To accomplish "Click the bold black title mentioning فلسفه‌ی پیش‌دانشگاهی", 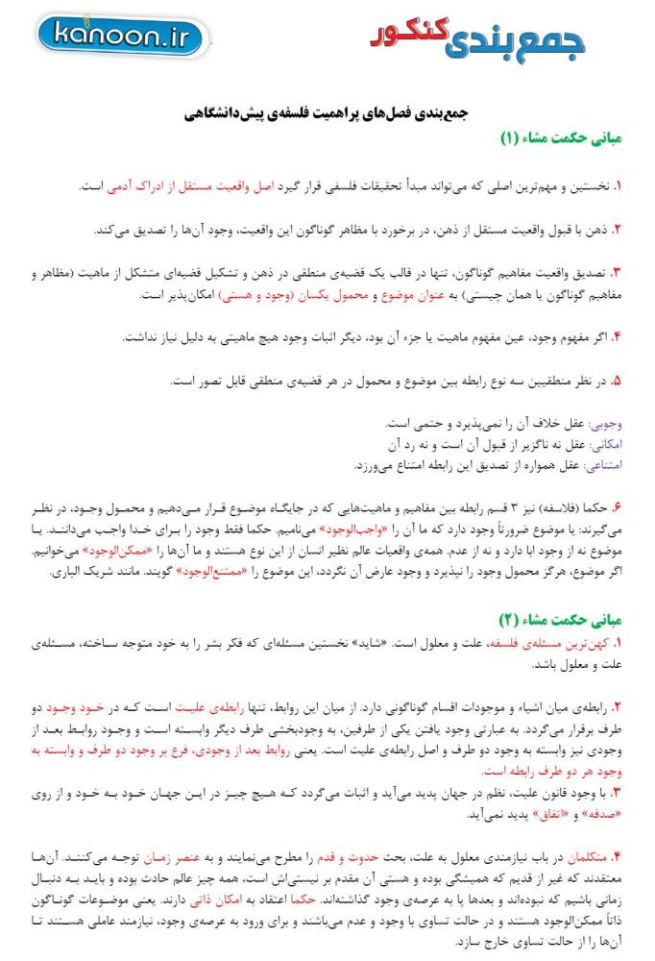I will click(x=327, y=114).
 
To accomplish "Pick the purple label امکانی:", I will click(x=604, y=443).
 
